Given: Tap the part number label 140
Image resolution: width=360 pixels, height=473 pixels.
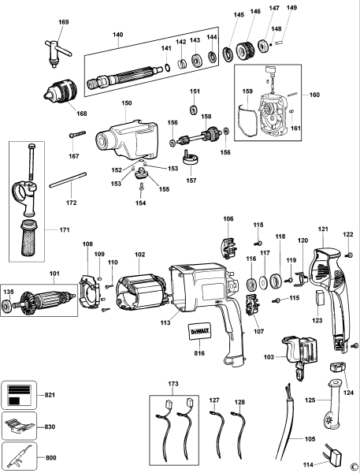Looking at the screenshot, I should point(118,35).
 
